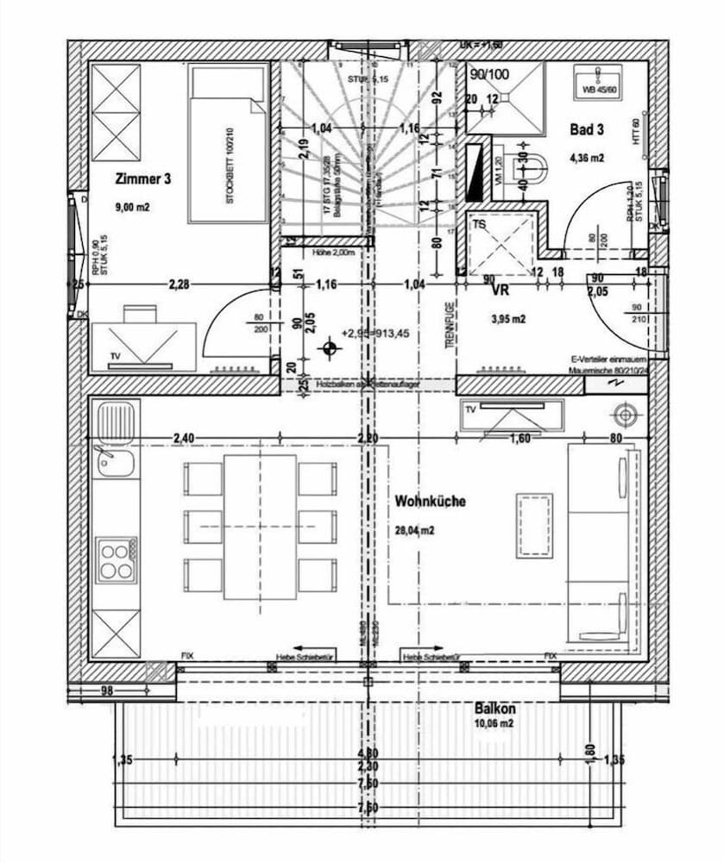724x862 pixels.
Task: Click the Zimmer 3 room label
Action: (142, 179)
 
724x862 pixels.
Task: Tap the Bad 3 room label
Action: (586, 130)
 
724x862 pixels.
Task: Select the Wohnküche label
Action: (430, 501)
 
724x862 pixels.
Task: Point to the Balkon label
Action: (495, 709)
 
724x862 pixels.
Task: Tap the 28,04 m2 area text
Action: (414, 531)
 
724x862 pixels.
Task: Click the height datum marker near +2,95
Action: (328, 349)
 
